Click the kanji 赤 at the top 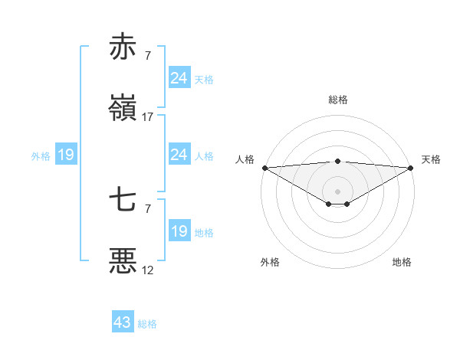click(x=123, y=47)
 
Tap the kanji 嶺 click(x=123, y=109)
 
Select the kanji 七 click(x=123, y=201)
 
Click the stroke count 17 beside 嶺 click(x=148, y=117)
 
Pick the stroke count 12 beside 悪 click(x=148, y=270)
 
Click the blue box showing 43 click(x=122, y=322)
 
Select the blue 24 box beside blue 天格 click(x=179, y=78)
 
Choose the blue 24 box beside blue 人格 click(x=179, y=155)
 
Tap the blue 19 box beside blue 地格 click(x=179, y=231)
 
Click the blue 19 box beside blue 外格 click(x=65, y=155)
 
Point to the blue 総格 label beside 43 click(x=148, y=324)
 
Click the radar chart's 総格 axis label click(x=338, y=100)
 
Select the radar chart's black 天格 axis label click(x=432, y=159)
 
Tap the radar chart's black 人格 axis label click(x=245, y=159)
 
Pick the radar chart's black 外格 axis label click(x=270, y=262)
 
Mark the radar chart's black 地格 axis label click(x=402, y=262)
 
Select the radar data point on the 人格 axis click(x=264, y=167)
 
